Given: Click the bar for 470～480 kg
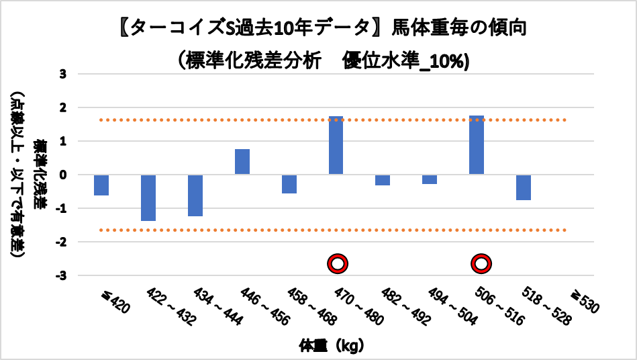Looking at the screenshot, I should (336, 145).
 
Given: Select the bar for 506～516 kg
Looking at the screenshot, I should (477, 145).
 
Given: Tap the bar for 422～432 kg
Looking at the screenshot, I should (148, 197).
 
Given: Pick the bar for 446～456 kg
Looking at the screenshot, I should (242, 162).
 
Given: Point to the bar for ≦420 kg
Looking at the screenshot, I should (101, 185).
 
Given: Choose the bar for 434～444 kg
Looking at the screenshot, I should (195, 195).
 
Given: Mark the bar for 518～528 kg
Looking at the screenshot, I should (524, 187).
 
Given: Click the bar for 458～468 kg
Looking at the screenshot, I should (289, 184).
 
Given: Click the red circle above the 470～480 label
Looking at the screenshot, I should (337, 264).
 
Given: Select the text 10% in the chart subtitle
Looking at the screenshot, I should (449, 60).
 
